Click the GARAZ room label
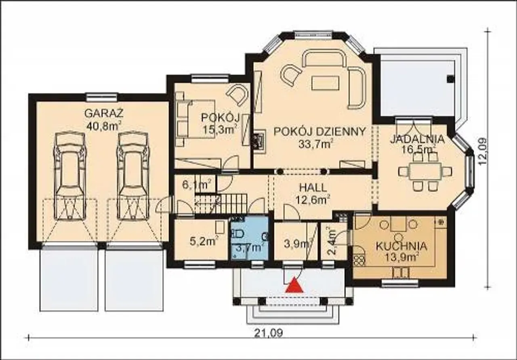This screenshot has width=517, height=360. coord(104,114)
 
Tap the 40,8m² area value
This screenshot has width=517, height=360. coord(104,126)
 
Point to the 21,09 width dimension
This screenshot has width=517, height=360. coord(269,333)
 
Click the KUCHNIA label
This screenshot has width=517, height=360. coord(401,246)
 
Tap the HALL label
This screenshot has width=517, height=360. coord(313,188)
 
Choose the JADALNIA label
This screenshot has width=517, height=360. coord(417,139)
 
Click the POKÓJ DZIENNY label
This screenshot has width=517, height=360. coord(320,131)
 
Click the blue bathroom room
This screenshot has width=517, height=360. coord(250,238)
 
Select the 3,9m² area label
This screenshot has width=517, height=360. coord(298,244)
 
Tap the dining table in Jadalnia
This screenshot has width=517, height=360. coord(425,171)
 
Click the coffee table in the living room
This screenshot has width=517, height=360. coord(326,83)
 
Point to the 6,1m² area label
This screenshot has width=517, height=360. coord(197,185)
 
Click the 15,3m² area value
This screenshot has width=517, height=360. coord(220,130)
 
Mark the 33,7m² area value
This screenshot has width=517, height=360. coord(315,144)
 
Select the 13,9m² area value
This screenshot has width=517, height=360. coord(401,257)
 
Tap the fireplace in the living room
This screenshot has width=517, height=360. coord(259,143)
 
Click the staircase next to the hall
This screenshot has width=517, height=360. coord(221,204)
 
